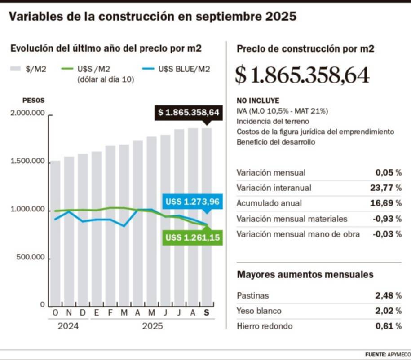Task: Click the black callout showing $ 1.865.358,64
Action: pyautogui.click(x=188, y=112)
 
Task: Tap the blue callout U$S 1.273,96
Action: pyautogui.click(x=192, y=202)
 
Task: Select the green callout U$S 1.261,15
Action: pyautogui.click(x=192, y=237)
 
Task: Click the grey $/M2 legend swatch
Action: pyautogui.click(x=16, y=69)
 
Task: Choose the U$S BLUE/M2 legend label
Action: pyautogui.click(x=184, y=69)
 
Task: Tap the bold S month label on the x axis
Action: pyautogui.click(x=207, y=313)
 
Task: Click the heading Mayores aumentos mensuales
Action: pyautogui.click(x=305, y=274)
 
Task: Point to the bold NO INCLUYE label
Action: pyautogui.click(x=258, y=101)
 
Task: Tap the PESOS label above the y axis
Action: pyautogui.click(x=34, y=101)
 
